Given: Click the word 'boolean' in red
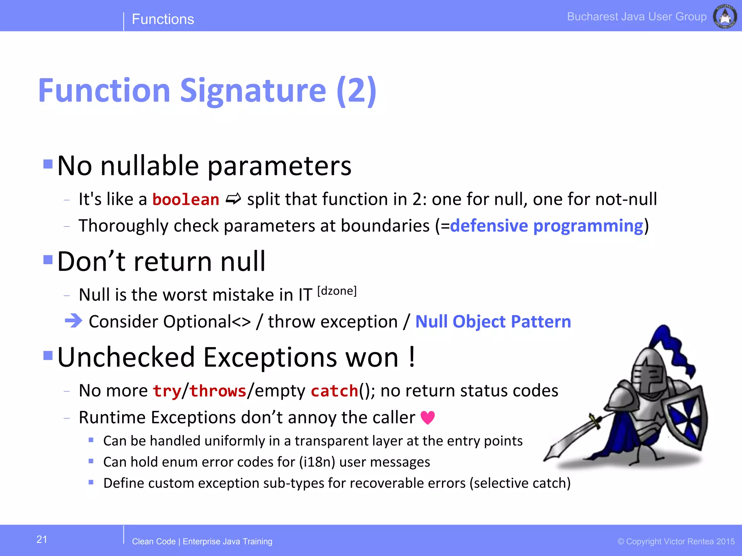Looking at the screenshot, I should pos(185,200).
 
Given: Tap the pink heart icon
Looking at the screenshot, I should pos(428,418).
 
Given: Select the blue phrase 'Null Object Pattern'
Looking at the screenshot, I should pos(493,321).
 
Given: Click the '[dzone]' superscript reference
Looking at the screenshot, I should pos(337,291).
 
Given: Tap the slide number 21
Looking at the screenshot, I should pos(42,539).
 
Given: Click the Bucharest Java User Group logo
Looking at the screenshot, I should pos(725,16).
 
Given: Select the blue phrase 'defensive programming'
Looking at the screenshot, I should pos(546,226).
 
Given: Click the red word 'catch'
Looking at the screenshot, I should pos(334,391).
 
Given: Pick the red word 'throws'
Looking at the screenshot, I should pos(218,391).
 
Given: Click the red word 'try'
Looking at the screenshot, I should pos(167,391).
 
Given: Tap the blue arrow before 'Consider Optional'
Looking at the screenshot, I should pos(74,321).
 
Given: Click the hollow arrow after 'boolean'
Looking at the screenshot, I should pos(233,199).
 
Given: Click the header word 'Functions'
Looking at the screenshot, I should pos(163,19).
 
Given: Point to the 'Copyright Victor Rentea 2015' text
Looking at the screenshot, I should pos(676,542).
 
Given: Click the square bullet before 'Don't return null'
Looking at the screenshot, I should pos(48,260).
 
